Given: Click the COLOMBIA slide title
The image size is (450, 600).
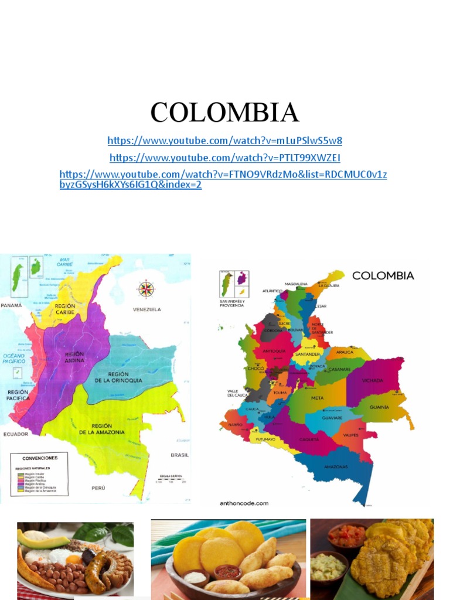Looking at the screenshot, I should click(224, 112).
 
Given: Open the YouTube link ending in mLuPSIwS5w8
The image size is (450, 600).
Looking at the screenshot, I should click(224, 141).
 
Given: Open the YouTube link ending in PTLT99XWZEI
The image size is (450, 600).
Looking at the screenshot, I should click(224, 158).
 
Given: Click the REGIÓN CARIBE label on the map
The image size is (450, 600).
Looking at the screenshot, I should click(64, 308).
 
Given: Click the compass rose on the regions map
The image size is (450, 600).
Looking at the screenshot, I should click(146, 289).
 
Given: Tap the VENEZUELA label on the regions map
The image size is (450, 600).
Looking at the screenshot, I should click(146, 309).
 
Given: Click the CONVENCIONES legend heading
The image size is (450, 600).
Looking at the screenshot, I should click(40, 458).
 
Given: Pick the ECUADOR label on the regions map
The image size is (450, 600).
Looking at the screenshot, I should click(15, 434).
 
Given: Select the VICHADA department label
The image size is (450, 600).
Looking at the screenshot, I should click(373, 381).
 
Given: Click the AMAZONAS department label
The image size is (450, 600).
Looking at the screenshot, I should click(336, 467).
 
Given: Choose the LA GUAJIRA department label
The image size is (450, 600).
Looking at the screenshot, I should click(329, 285).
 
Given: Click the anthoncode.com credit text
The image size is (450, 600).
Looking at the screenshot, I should click(244, 503).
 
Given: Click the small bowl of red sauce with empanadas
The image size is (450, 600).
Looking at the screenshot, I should click(228, 571).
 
